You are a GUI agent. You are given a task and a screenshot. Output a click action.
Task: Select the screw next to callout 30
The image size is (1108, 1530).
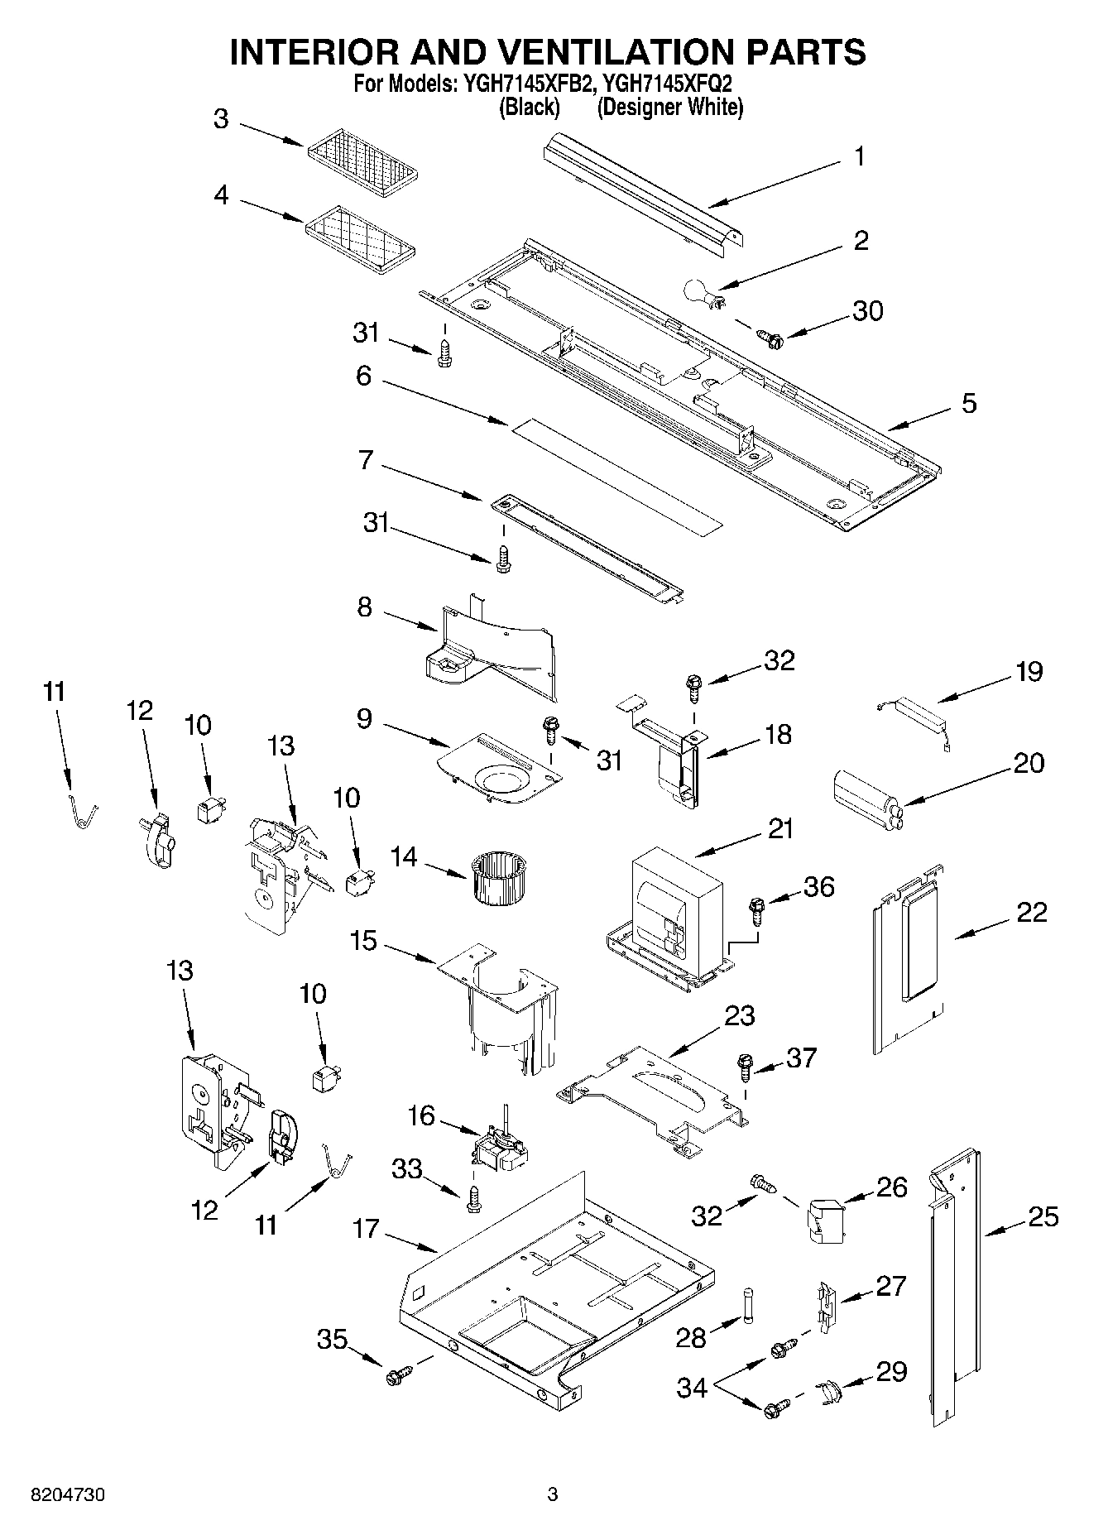pos(770,336)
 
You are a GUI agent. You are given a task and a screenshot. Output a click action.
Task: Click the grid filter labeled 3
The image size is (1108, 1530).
pos(362,159)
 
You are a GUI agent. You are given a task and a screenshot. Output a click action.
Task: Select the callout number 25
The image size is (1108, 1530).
pos(1044,1216)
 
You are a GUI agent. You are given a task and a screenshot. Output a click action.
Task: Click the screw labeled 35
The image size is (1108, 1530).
pos(396,1376)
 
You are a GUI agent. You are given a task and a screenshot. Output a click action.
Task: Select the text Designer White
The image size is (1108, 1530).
pos(670,108)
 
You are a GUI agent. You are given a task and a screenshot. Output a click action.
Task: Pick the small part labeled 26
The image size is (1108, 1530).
pos(823,1220)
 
